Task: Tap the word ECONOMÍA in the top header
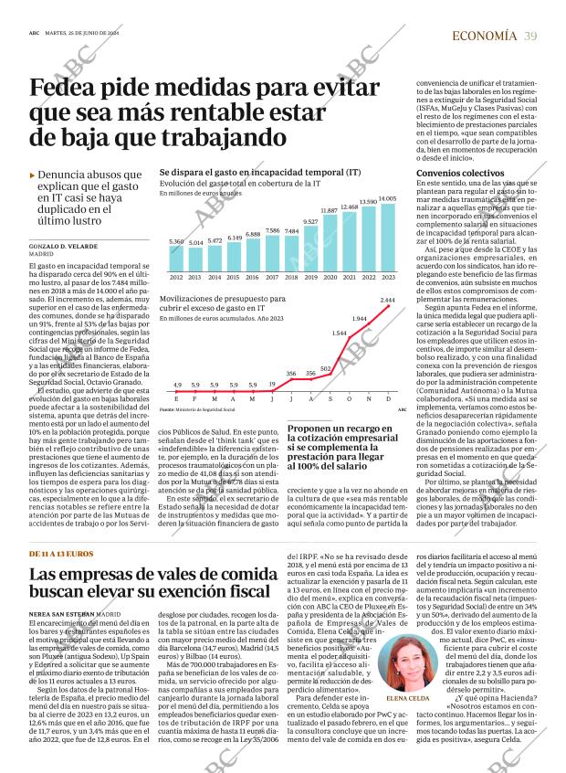pyautogui.click(x=485, y=35)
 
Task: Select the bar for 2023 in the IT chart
pyautogui.click(x=387, y=237)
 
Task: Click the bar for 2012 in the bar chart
pyautogui.click(x=176, y=259)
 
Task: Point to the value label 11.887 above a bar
pyautogui.click(x=330, y=210)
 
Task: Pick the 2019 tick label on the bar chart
pyautogui.click(x=310, y=277)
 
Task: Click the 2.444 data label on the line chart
pyautogui.click(x=387, y=300)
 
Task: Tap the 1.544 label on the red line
pyautogui.click(x=339, y=333)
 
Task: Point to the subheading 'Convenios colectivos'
pyautogui.click(x=460, y=173)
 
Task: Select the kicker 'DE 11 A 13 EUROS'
pyautogui.click(x=61, y=553)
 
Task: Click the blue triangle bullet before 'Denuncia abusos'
pyautogui.click(x=33, y=174)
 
